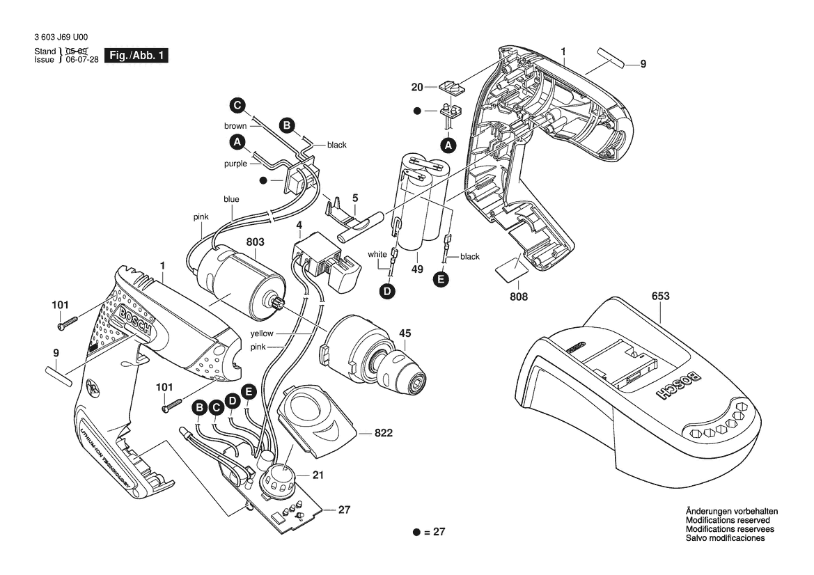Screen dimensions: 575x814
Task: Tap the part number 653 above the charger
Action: point(661,297)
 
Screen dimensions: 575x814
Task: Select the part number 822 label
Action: point(383,433)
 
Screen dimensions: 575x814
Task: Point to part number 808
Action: point(518,297)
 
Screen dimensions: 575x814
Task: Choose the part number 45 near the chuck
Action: point(405,332)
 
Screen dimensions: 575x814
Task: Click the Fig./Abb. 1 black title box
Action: point(136,56)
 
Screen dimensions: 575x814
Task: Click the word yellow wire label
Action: point(263,333)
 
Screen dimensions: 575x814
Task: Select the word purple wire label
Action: point(235,164)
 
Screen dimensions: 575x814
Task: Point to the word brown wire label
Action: point(235,126)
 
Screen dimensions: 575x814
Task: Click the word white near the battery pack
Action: point(377,254)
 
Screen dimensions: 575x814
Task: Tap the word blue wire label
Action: point(232,199)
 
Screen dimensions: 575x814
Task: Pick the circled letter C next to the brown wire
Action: point(237,106)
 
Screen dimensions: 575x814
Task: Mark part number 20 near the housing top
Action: point(417,87)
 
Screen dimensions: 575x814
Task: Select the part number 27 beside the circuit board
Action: point(344,510)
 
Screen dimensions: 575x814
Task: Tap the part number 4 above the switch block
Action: point(299,226)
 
